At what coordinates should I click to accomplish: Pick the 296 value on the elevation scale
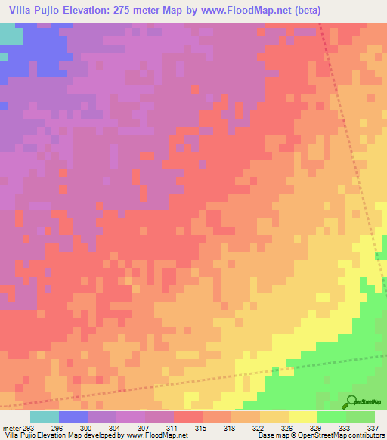coord(67,427)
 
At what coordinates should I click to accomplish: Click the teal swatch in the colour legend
coord(45,417)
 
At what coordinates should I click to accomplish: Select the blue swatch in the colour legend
coord(73,417)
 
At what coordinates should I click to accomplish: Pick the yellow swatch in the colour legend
coord(303,417)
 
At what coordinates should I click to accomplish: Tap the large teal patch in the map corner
coord(10,34)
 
